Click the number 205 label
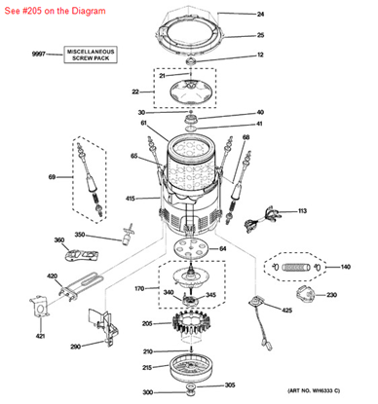coord(147,324)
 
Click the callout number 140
coord(345,265)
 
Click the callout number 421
coord(40,336)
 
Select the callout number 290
coord(75,346)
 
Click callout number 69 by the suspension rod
coord(38,177)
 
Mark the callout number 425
coord(286,311)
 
